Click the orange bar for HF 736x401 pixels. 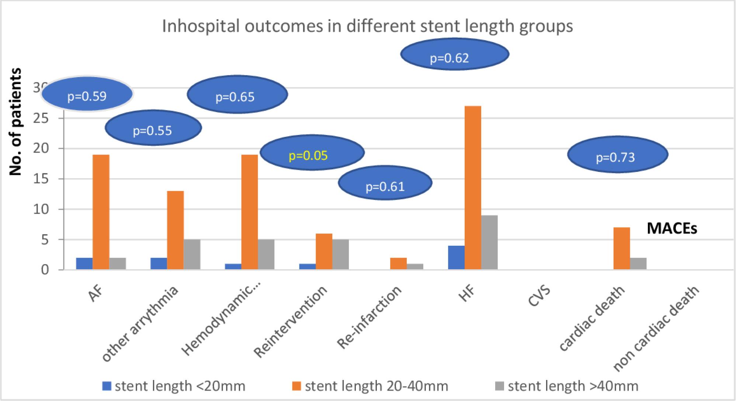(473, 188)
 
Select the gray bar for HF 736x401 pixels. (489, 242)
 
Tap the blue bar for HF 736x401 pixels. (456, 257)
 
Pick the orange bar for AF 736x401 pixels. (101, 212)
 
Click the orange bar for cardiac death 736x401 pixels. (621, 249)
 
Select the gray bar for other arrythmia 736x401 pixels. (192, 255)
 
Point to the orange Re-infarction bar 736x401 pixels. (398, 264)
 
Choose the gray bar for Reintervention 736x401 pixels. (340, 255)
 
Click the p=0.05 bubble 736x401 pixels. (312, 152)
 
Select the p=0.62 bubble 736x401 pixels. (455, 55)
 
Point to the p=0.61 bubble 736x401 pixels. (385, 183)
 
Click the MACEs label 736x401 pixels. (672, 229)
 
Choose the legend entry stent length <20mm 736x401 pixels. (174, 386)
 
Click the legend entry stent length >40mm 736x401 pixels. (567, 386)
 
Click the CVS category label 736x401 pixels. (539, 296)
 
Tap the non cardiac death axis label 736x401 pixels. (656, 328)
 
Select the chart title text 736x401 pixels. (367, 27)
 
